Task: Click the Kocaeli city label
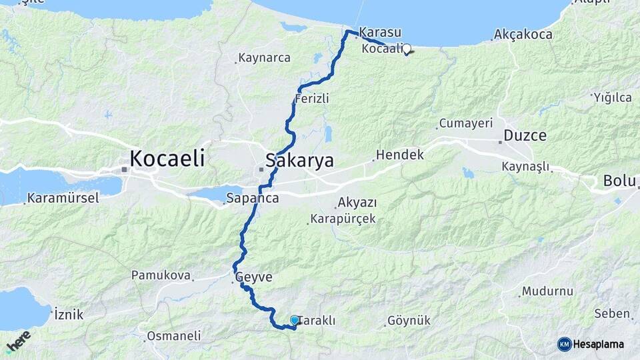[167, 159]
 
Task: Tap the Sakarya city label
[299, 161]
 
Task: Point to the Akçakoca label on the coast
[524, 34]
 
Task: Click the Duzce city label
[525, 136]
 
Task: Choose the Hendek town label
[399, 155]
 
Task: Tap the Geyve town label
[254, 277]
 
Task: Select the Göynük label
[409, 321]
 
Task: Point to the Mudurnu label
[547, 291]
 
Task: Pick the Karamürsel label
[63, 198]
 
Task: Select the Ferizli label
[312, 99]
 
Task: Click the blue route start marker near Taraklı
[295, 321]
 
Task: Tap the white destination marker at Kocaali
[406, 49]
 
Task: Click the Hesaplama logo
[591, 344]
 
